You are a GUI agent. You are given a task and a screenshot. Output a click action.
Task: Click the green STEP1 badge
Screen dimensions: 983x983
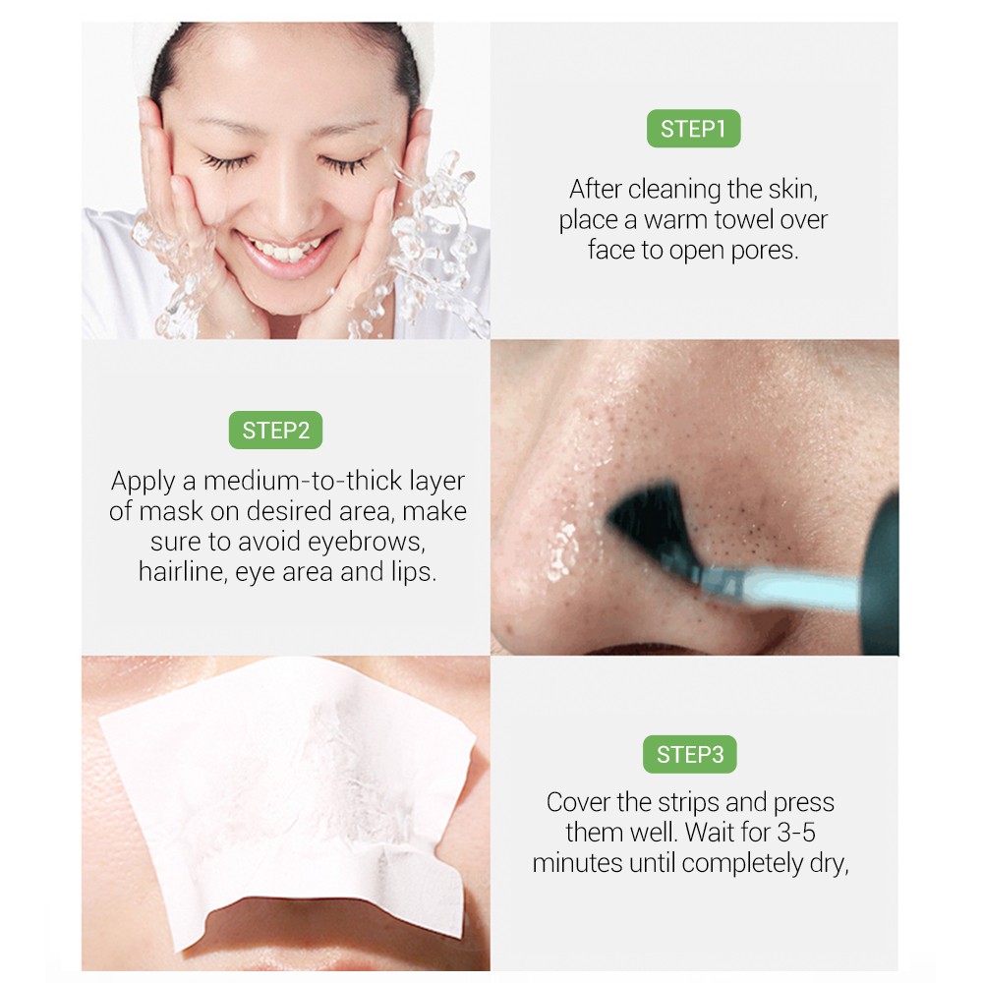point(693,129)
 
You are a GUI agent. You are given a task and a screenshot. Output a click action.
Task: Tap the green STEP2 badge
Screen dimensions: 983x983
point(275,430)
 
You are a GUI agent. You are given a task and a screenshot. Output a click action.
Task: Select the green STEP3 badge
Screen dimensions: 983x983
point(690,755)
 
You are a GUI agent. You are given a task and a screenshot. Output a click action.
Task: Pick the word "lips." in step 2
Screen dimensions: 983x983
point(412,572)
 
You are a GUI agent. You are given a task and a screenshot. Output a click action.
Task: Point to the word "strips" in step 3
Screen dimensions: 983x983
point(693,802)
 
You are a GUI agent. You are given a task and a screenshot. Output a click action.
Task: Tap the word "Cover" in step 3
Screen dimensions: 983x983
point(578,802)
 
